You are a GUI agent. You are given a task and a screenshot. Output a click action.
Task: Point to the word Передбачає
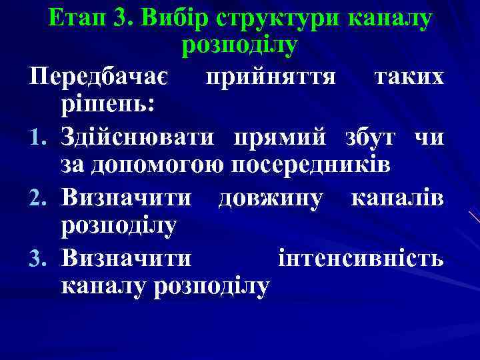(x=101, y=77)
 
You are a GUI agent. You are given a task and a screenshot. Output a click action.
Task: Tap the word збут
(x=366, y=137)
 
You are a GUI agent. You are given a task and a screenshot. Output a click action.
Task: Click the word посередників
(x=314, y=165)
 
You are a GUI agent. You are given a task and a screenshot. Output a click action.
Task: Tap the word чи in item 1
(x=427, y=137)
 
